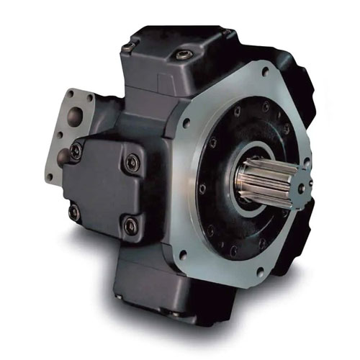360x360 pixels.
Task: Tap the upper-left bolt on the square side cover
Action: [77, 150]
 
